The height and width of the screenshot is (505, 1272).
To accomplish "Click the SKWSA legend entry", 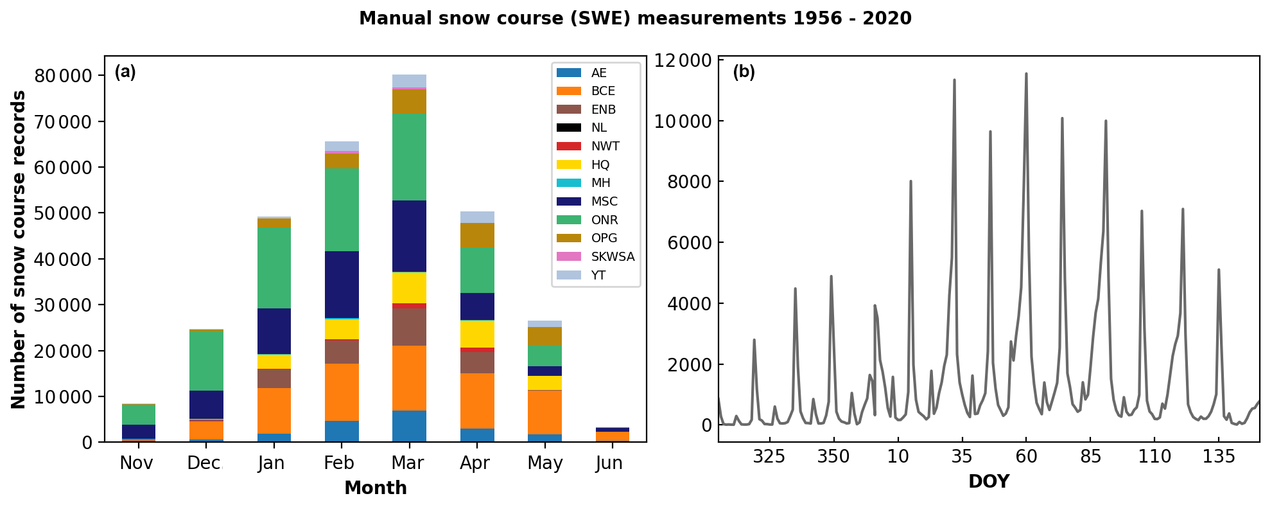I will [612, 256].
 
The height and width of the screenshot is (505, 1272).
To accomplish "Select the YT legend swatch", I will [569, 275].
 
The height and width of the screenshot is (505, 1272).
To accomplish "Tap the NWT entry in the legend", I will [605, 146].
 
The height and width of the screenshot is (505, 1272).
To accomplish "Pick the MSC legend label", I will [604, 201].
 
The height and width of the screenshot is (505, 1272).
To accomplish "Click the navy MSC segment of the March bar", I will [409, 236].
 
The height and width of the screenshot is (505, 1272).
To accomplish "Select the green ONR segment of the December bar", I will [206, 360].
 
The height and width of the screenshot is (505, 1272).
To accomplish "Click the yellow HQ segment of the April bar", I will [477, 333].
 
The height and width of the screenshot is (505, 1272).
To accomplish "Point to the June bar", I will [613, 434].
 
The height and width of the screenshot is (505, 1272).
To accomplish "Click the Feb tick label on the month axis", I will [339, 463].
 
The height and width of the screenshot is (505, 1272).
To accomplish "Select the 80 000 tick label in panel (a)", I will [63, 76].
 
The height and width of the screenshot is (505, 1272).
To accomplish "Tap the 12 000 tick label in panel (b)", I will [683, 60].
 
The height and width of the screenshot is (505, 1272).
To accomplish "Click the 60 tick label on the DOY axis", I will [1026, 456].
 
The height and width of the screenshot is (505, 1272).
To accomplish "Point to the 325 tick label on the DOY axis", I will [769, 456].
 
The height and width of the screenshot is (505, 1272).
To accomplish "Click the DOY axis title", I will [989, 481].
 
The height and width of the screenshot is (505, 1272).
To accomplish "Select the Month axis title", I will [375, 488].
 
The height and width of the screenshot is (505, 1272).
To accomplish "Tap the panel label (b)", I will [744, 71].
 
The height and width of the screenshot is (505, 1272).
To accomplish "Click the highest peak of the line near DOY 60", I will [1026, 73].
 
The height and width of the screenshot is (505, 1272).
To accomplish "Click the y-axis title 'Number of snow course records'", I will [19, 249].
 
